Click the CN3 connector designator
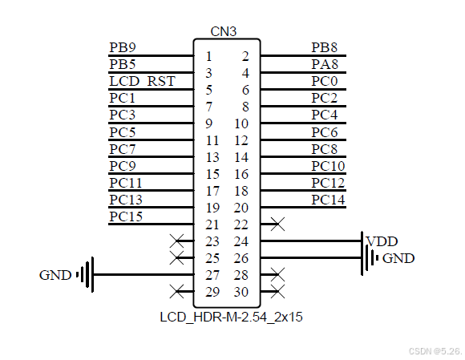(x=224, y=31)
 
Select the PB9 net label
(x=122, y=47)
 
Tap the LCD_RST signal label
(x=141, y=81)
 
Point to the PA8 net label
(x=324, y=64)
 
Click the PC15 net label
(x=126, y=216)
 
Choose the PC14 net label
(x=328, y=200)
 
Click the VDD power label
(x=382, y=241)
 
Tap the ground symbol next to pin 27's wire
(x=87, y=275)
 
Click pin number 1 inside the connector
(x=208, y=56)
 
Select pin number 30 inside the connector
(x=241, y=292)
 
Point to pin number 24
(x=241, y=241)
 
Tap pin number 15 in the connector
(x=212, y=174)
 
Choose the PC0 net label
(x=324, y=81)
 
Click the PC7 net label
(x=122, y=149)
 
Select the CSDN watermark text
(x=435, y=351)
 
